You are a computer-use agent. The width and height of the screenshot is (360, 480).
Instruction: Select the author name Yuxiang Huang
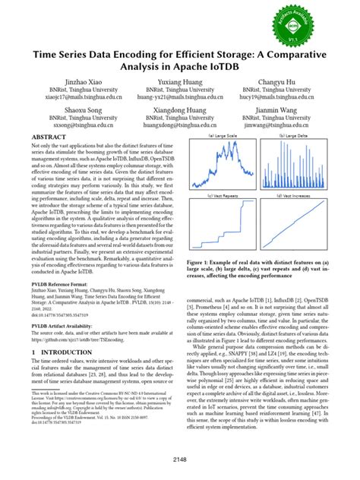coord(180,81)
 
